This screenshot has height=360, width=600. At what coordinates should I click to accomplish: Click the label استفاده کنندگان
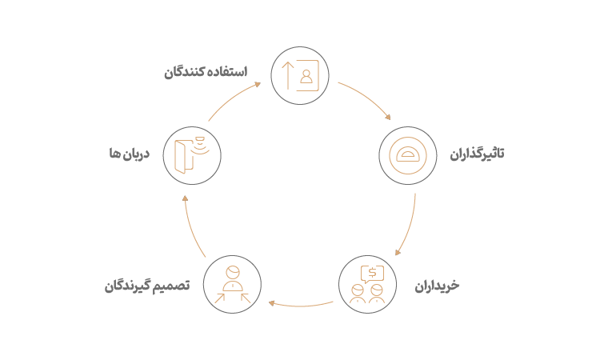206,72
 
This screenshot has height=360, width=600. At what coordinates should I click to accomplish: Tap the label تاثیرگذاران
478,154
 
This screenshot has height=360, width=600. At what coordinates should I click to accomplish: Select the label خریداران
438,286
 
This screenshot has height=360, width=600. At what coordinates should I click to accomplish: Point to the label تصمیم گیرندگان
146,286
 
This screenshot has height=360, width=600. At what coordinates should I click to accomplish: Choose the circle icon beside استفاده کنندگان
300,75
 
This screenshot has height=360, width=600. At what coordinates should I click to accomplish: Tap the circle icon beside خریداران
367,285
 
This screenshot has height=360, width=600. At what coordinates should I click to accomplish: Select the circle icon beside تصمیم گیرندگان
233,285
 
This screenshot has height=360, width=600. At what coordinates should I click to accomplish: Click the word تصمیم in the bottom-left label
175,286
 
